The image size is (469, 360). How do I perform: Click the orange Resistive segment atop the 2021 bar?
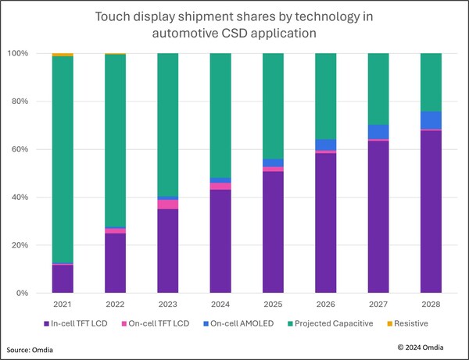point(63,55)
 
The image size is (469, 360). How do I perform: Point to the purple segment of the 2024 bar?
point(221,241)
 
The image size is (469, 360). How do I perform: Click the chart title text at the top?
point(234,23)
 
